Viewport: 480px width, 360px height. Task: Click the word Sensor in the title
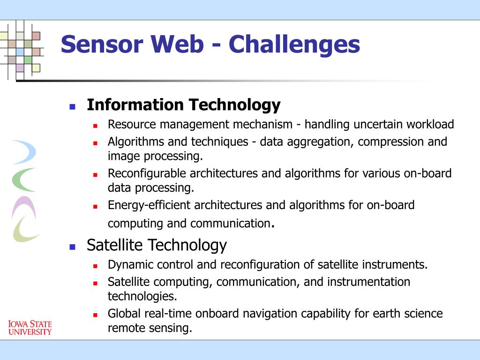pyautogui.click(x=102, y=44)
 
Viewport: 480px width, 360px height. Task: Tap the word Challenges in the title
pyautogui.click(x=294, y=45)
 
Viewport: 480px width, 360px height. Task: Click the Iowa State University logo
pyautogui.click(x=30, y=328)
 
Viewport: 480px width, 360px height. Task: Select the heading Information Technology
pyautogui.click(x=184, y=105)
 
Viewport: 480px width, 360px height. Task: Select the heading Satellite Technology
pyautogui.click(x=157, y=245)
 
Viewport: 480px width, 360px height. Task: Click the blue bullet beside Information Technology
pyautogui.click(x=73, y=106)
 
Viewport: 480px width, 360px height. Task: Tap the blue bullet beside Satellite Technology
pyautogui.click(x=73, y=247)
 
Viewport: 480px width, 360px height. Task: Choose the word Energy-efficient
pyautogui.click(x=149, y=205)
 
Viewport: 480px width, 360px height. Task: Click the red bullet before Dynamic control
pyautogui.click(x=96, y=266)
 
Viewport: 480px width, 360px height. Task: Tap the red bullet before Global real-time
pyautogui.click(x=96, y=315)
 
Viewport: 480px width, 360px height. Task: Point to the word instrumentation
pyautogui.click(x=368, y=282)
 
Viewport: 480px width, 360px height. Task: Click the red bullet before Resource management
pyautogui.click(x=96, y=126)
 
